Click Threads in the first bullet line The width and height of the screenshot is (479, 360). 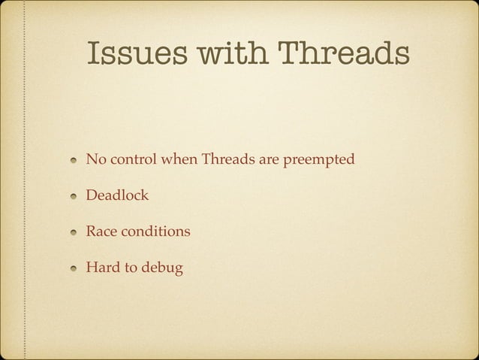230,160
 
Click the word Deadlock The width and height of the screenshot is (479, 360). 117,195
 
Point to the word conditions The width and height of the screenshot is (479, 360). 154,231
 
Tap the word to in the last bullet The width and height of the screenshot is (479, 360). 130,266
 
